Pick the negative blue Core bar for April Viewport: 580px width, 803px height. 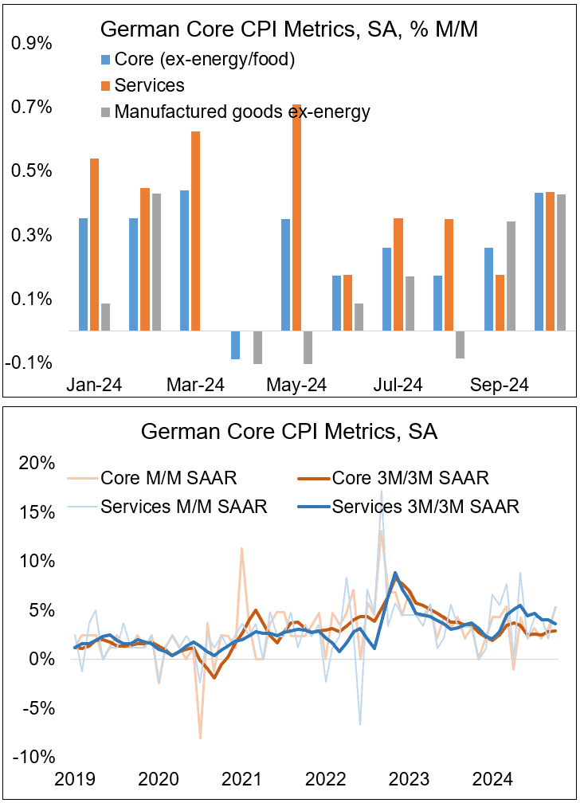pos(236,345)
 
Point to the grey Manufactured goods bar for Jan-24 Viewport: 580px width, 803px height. pos(106,316)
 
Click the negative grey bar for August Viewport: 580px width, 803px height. pos(460,344)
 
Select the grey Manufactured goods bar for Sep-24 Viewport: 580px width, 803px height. pos(511,276)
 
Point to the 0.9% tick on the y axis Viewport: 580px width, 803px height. pos(33,44)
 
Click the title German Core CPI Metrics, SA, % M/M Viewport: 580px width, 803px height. pos(288,30)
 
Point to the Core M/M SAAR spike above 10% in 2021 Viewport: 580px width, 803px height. pos(242,549)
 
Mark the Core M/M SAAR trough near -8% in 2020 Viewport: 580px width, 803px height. pos(200,738)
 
